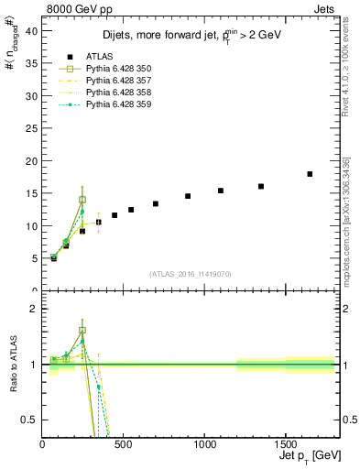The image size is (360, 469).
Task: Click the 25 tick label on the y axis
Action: pyautogui.click(x=31, y=128)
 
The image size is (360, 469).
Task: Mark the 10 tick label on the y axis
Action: pyautogui.click(x=31, y=226)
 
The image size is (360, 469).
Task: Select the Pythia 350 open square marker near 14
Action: pyautogui.click(x=82, y=200)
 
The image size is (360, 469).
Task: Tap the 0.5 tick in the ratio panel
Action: pyautogui.click(x=29, y=420)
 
